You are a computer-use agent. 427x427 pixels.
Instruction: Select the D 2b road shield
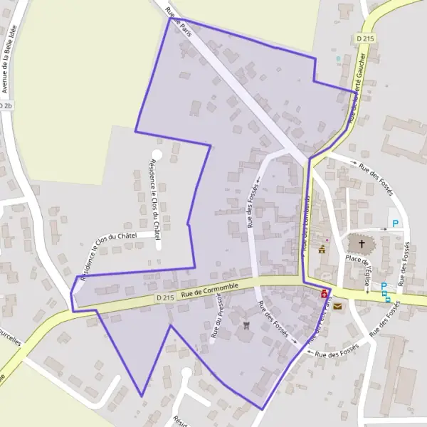[x=6, y=106]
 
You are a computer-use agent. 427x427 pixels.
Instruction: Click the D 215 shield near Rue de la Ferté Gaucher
[x=365, y=38]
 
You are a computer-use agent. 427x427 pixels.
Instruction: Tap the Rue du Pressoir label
[x=218, y=320]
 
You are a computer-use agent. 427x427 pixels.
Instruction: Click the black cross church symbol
[x=362, y=244]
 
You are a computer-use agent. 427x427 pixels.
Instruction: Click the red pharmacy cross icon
[x=325, y=293]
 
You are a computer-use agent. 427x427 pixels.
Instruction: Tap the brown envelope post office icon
[x=337, y=306]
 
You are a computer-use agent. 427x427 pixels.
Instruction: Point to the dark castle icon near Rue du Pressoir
[x=247, y=326]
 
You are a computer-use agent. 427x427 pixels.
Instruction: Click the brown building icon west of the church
[x=322, y=250]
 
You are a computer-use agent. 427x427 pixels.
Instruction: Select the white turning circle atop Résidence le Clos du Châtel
[x=157, y=154]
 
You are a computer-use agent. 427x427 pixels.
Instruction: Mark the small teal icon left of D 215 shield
[x=338, y=58]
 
